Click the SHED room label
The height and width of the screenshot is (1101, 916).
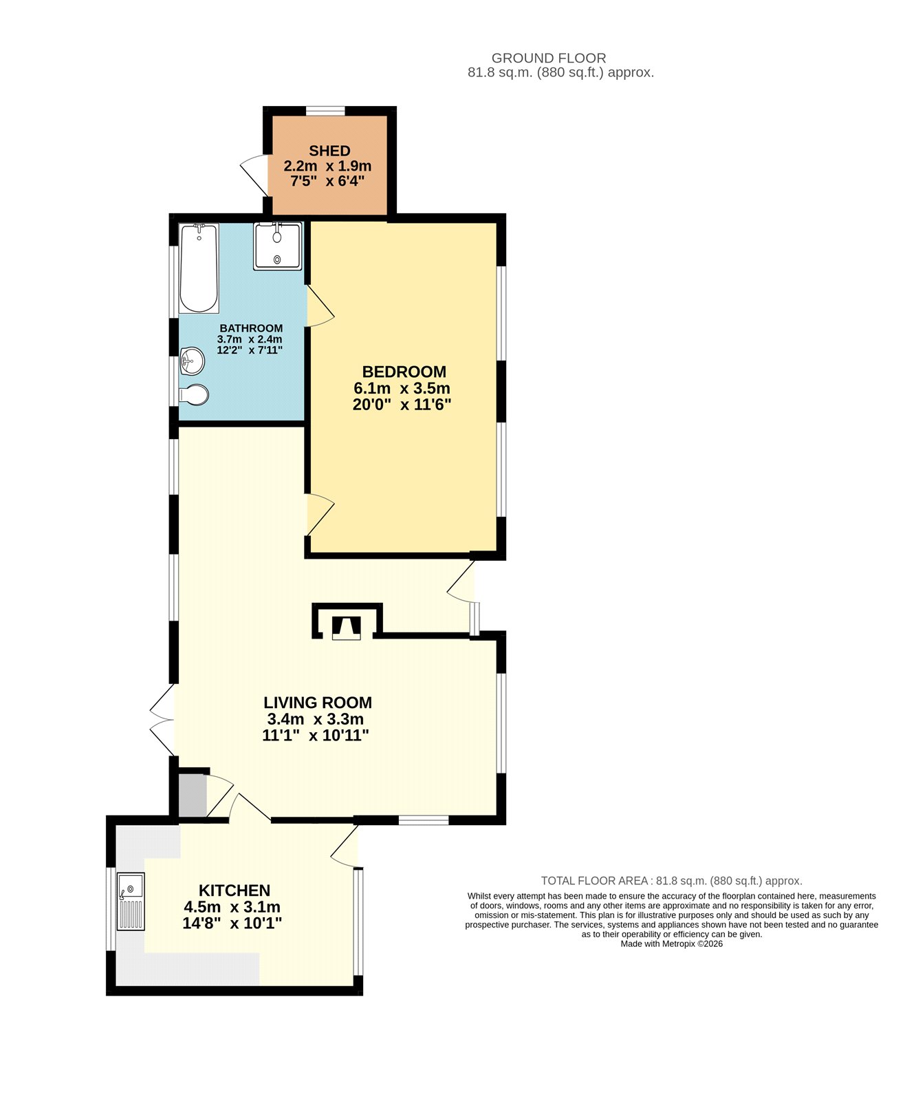click(329, 151)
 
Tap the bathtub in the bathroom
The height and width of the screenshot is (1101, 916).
click(199, 268)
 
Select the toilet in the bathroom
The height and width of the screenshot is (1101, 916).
click(193, 395)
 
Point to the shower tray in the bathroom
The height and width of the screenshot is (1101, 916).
click(277, 246)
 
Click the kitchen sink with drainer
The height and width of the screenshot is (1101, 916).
click(131, 901)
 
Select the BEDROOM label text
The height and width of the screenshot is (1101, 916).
click(404, 372)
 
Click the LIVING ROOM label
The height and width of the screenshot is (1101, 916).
click(318, 703)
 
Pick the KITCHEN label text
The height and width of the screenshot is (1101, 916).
click(235, 890)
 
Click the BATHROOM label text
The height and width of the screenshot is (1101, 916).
click(251, 328)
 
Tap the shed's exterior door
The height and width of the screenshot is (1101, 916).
click(254, 175)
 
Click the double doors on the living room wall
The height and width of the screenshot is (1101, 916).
click(163, 720)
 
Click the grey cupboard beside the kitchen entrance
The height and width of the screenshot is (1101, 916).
click(193, 796)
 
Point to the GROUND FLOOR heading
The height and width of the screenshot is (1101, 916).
click(549, 58)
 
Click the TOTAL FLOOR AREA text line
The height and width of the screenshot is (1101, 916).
click(672, 881)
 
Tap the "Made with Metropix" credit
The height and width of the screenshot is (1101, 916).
click(672, 944)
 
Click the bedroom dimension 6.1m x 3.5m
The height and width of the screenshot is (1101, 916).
click(402, 388)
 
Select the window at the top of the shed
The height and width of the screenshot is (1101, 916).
click(325, 111)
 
